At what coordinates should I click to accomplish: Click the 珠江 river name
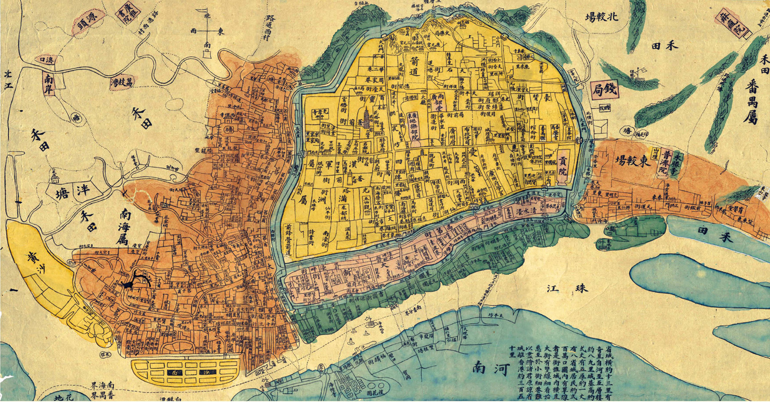point(567,288)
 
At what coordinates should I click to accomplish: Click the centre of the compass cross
point(207,32)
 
